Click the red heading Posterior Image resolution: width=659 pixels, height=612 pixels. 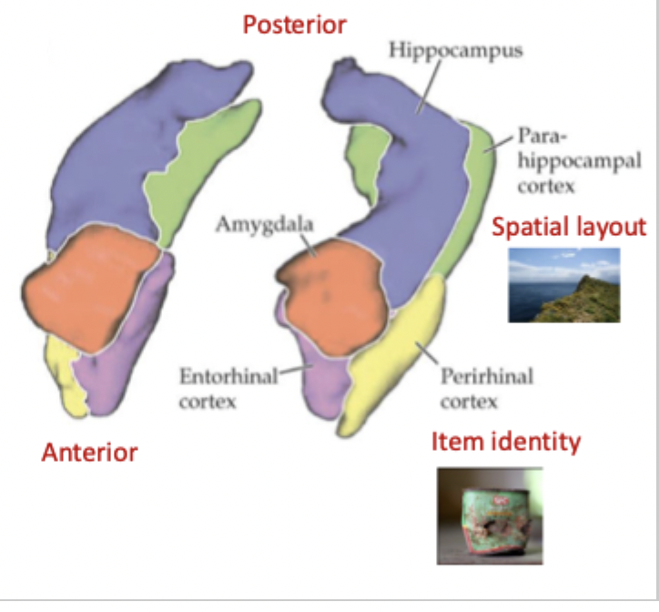tap(294, 24)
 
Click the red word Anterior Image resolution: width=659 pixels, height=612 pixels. tap(90, 453)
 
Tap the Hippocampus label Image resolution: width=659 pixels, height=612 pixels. tap(456, 50)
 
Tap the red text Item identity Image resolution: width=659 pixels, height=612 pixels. tap(505, 443)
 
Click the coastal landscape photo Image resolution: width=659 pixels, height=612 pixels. tap(563, 285)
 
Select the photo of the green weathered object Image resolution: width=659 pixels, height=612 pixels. tap(490, 515)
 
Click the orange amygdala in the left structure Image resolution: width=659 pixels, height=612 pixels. tap(86, 286)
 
